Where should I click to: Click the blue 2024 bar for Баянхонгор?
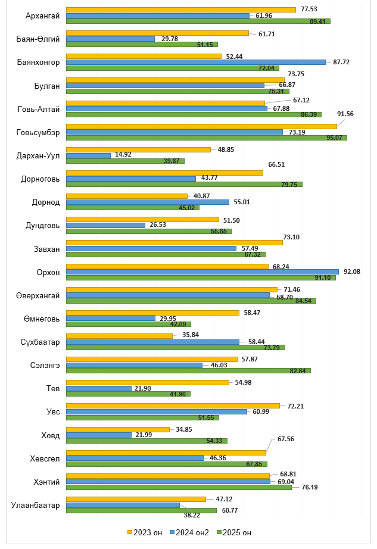point(195,62)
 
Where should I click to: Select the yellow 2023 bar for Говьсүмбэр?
point(201,126)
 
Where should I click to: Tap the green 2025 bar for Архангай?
point(198,21)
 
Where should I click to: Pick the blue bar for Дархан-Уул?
point(88,155)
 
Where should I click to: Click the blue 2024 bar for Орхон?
point(202,272)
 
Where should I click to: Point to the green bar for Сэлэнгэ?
point(188,370)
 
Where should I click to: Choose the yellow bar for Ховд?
point(117,429)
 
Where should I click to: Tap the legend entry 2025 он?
point(238,532)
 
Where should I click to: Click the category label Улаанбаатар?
point(35,505)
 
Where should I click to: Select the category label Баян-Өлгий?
point(38,39)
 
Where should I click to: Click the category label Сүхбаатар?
point(39,342)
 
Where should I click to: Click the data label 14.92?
point(123,155)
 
